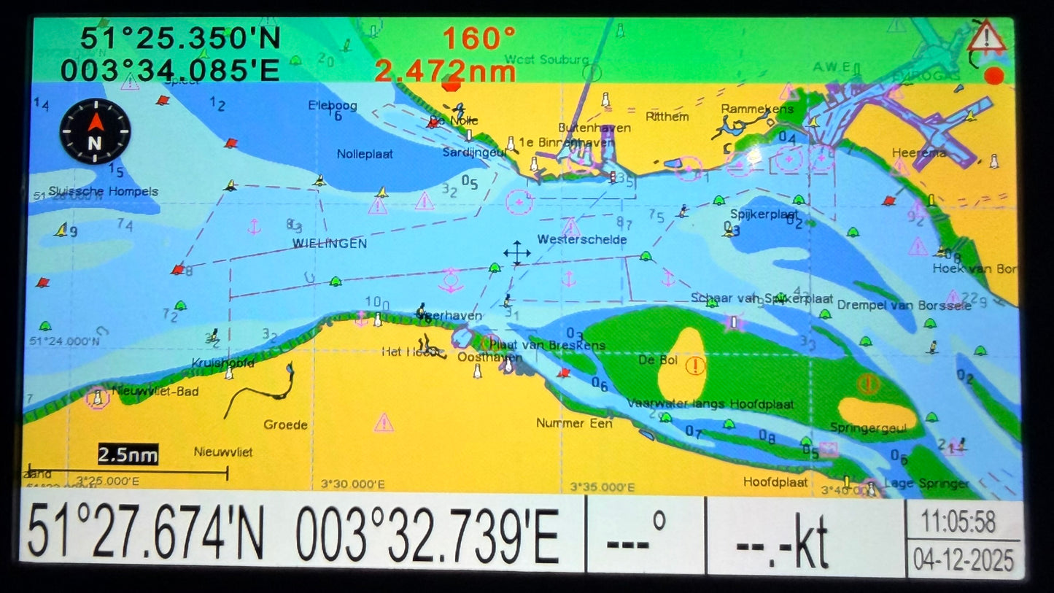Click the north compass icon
(x=95, y=132)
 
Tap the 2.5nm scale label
(x=128, y=455)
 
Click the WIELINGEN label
(x=330, y=244)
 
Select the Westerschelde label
(x=581, y=239)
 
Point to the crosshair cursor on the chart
(x=516, y=253)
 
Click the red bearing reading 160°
(x=478, y=39)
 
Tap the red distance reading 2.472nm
(x=445, y=71)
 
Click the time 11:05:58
(x=958, y=522)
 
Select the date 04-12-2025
(x=964, y=559)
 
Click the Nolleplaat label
(x=365, y=154)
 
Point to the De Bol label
(x=658, y=360)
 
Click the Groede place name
(x=285, y=425)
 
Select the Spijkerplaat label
(x=764, y=214)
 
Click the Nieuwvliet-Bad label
(x=155, y=392)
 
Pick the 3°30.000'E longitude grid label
(x=352, y=484)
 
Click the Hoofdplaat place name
(x=775, y=481)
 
